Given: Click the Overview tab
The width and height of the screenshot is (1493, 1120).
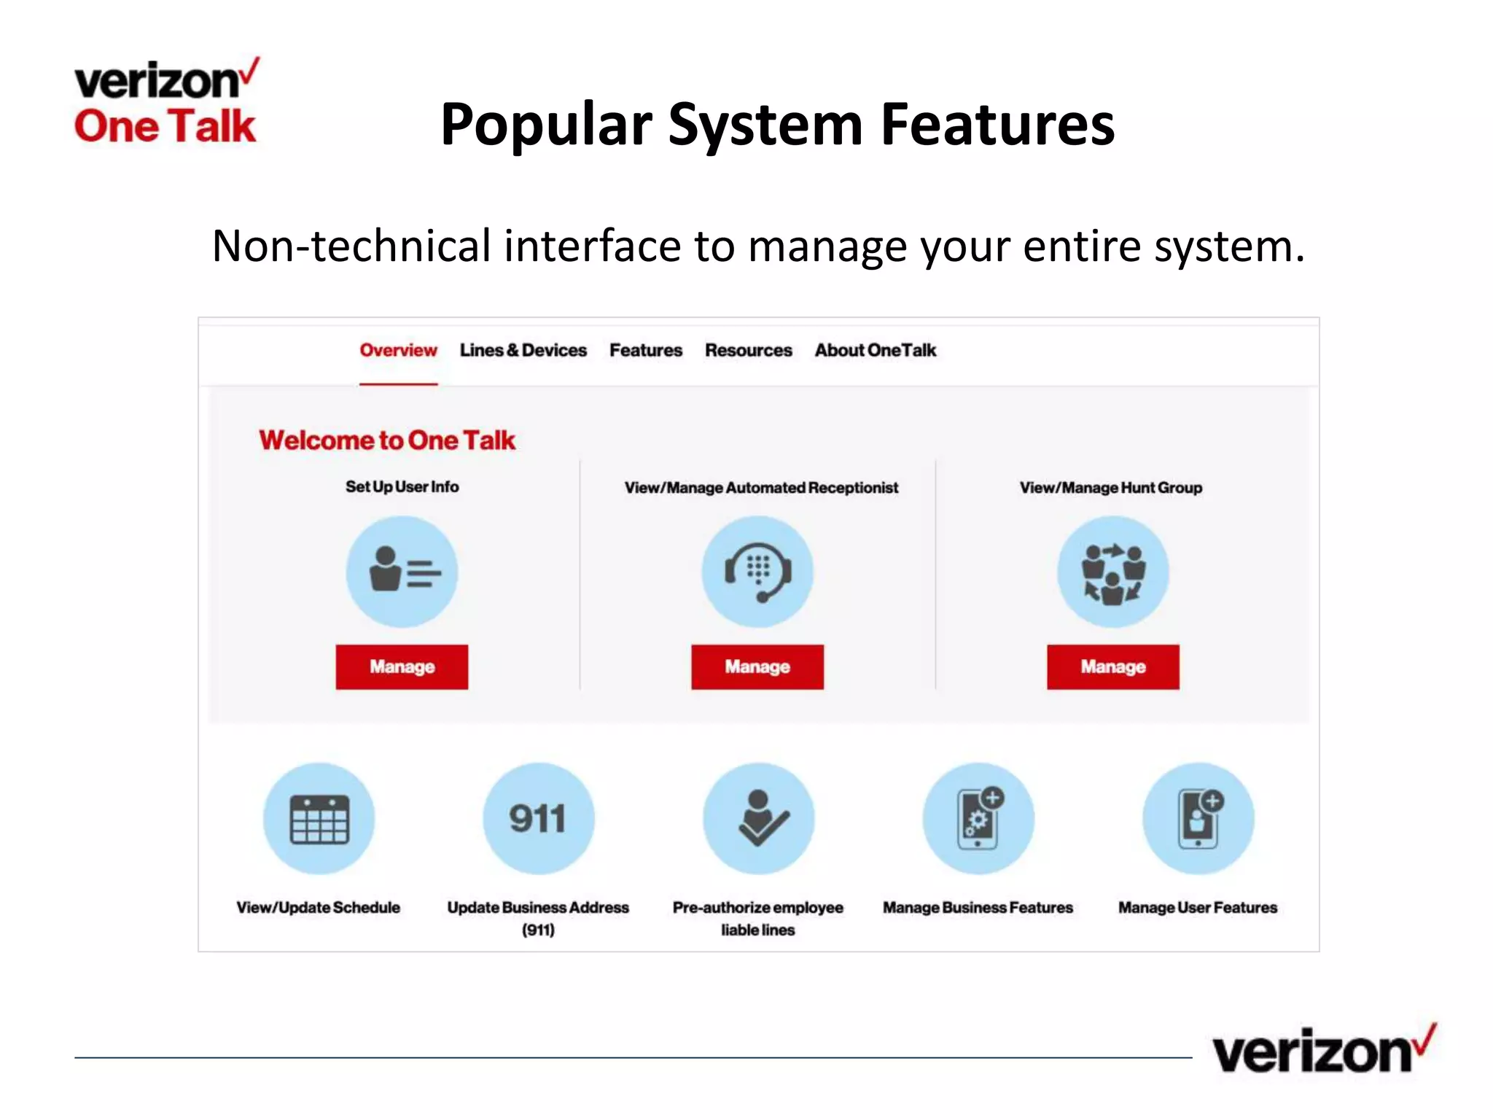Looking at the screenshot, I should [x=398, y=351].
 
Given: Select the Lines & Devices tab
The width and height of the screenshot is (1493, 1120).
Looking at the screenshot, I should [x=523, y=351].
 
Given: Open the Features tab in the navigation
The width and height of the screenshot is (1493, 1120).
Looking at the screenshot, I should [x=646, y=351].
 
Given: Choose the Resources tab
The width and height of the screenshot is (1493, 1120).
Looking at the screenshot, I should [x=748, y=351].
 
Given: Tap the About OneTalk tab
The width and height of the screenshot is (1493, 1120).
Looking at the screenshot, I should [x=875, y=351].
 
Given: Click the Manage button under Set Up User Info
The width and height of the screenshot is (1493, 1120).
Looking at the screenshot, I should [x=402, y=666].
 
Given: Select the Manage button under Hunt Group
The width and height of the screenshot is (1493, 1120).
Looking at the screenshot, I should [x=1112, y=666].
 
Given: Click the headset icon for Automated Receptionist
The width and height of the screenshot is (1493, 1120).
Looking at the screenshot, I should [x=757, y=572].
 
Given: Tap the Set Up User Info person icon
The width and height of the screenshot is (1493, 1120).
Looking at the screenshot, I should [x=402, y=572].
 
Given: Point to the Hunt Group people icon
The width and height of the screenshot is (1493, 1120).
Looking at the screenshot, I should [x=1112, y=572].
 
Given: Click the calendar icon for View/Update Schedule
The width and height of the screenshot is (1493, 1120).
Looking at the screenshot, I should [x=319, y=818].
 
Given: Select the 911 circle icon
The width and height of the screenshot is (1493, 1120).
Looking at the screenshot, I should [x=538, y=818].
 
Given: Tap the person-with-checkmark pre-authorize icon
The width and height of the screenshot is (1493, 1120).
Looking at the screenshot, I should [x=758, y=818].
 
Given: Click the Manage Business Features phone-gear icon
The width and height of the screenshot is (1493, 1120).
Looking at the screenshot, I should [x=978, y=818].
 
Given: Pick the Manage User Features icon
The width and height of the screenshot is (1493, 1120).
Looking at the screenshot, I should [x=1198, y=818].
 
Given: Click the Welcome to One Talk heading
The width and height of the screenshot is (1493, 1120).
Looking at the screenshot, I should [x=387, y=440].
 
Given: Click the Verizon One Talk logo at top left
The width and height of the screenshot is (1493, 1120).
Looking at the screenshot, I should [x=166, y=102].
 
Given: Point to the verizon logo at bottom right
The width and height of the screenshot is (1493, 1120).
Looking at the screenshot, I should [x=1322, y=1050].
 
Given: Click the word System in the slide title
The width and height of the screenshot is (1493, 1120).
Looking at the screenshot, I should [x=765, y=125].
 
